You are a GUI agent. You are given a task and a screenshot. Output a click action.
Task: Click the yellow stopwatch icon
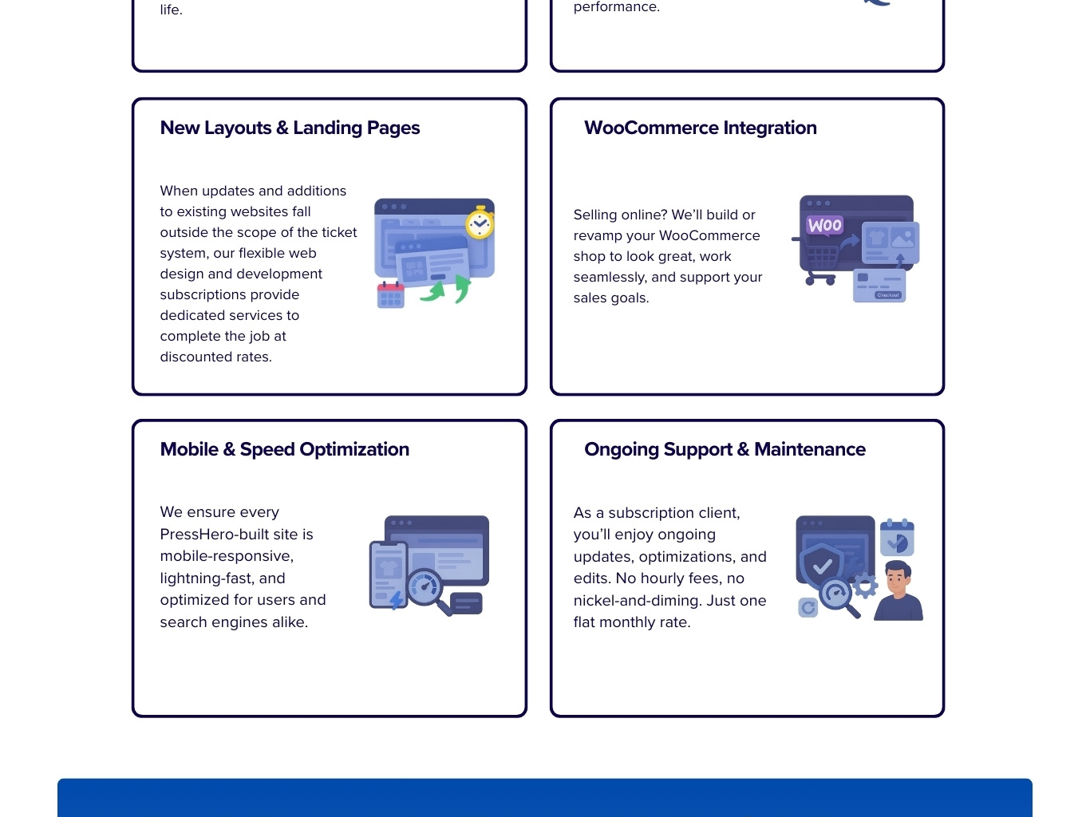click(480, 223)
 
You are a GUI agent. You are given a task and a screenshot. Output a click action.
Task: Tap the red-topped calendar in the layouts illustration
click(390, 294)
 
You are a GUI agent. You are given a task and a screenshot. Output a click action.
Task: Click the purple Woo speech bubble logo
click(824, 225)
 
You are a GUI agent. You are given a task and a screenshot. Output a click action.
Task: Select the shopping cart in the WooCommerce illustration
click(821, 264)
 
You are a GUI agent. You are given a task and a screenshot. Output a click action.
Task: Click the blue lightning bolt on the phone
click(397, 599)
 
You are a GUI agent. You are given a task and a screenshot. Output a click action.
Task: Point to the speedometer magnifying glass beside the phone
click(425, 588)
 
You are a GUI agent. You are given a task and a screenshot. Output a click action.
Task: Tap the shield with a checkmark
click(822, 566)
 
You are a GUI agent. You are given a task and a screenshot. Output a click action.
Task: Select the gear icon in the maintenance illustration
click(864, 586)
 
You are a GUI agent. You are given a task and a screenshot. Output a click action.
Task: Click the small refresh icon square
click(808, 608)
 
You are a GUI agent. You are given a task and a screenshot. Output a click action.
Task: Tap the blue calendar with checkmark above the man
click(897, 539)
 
